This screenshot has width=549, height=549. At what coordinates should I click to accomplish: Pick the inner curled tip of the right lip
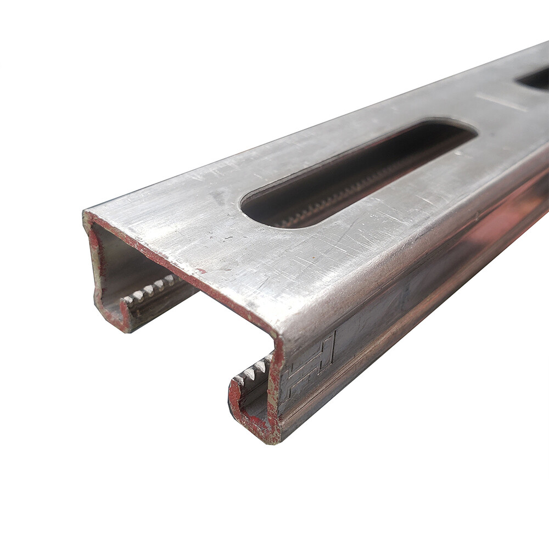point(236,384)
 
